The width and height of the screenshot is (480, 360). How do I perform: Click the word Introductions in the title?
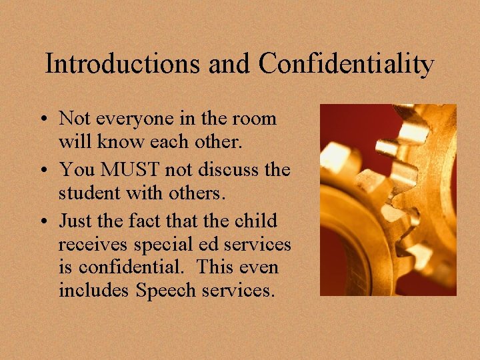[x=122, y=64]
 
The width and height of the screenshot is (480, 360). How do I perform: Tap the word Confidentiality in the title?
[x=347, y=64]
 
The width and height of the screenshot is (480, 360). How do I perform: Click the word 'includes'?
[x=94, y=291]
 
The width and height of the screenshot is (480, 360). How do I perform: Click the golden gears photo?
[x=388, y=199]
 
